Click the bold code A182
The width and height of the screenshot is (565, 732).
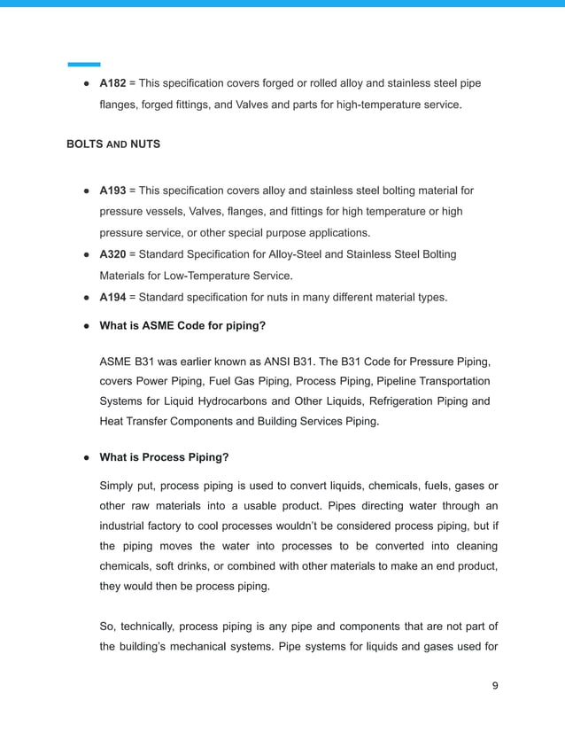[112, 83]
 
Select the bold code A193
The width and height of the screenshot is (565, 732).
[112, 191]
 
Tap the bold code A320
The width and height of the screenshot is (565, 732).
[112, 254]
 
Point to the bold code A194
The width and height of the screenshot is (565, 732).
[112, 297]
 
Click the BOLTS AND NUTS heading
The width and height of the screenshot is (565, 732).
[113, 144]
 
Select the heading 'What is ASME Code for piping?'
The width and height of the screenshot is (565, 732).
[182, 325]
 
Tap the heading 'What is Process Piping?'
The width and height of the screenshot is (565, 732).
[164, 457]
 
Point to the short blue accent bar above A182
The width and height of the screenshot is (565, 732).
[84, 64]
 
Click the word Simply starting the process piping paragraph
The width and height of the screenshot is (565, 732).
[119, 485]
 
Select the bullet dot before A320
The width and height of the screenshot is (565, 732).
[87, 255]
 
